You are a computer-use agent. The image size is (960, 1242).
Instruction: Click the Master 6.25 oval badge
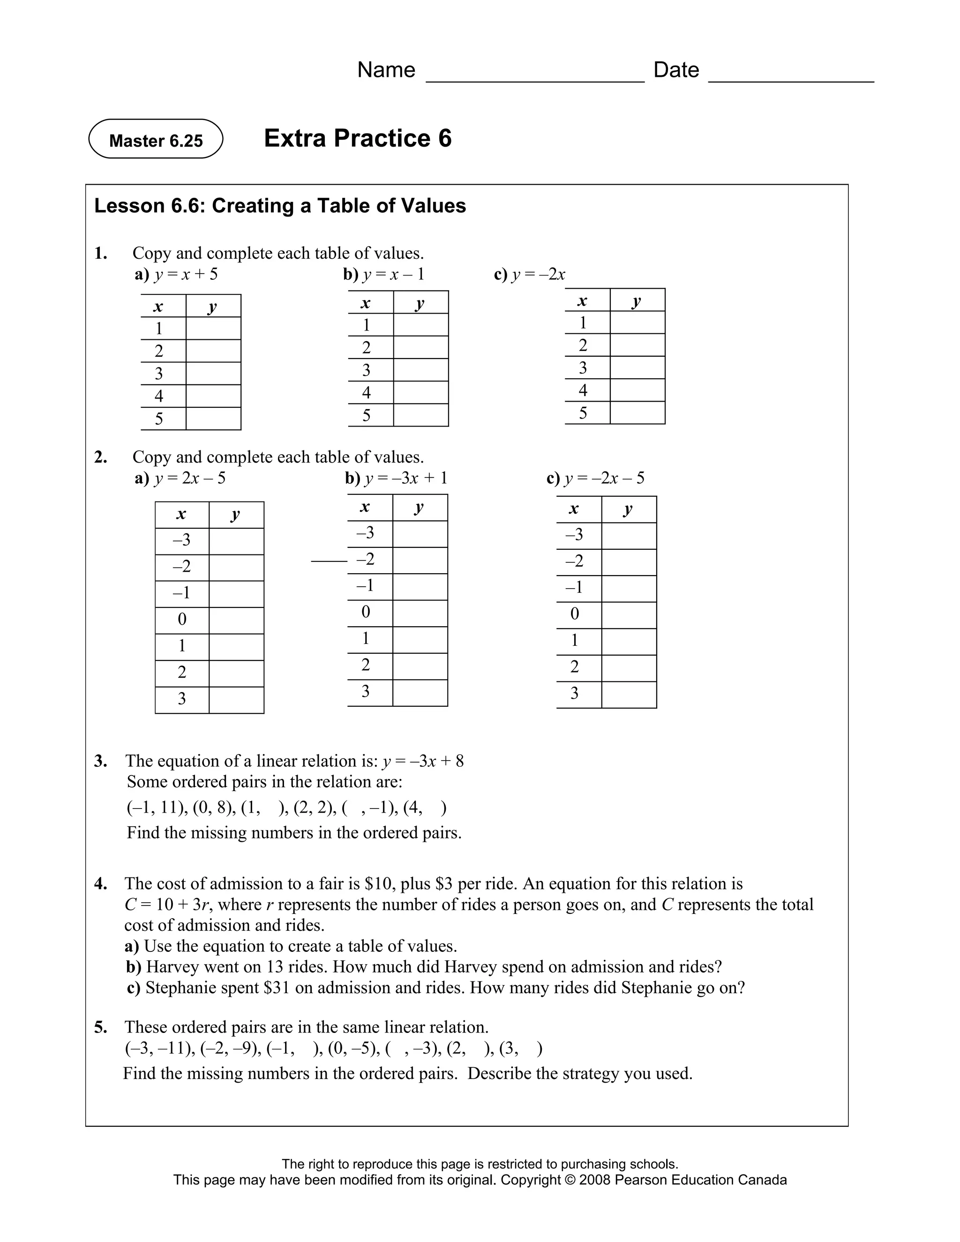tap(155, 139)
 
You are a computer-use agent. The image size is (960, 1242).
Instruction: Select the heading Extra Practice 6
tap(357, 138)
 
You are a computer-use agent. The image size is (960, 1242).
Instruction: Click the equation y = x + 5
tap(186, 275)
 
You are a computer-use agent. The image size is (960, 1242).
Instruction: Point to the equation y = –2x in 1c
tap(538, 275)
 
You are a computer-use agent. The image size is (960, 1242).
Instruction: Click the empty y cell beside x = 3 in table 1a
tap(213, 374)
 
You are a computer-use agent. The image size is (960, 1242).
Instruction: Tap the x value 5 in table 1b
tap(366, 416)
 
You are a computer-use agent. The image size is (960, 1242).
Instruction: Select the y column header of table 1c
tap(637, 300)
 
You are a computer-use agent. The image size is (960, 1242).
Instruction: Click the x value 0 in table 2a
tap(182, 619)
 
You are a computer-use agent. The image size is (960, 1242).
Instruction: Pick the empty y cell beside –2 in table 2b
tap(420, 560)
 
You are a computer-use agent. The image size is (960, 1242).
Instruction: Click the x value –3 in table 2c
tap(574, 535)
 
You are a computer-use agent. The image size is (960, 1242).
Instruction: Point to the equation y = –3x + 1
tap(405, 478)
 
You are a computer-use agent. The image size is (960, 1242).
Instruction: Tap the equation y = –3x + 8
tap(422, 762)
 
